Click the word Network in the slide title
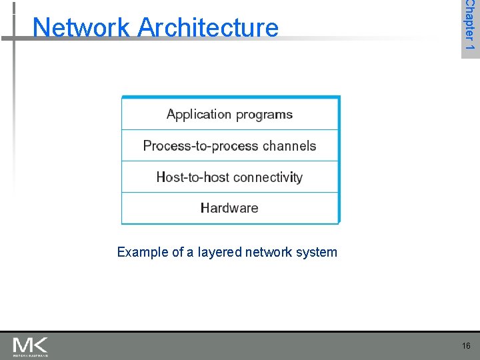coord(83,27)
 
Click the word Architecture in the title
coord(209,27)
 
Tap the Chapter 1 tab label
coord(470,28)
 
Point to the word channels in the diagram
coord(289,145)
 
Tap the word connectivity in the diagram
coord(267,177)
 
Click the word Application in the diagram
coord(193,115)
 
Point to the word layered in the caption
coord(220,252)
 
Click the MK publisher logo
coord(30,346)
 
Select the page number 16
coord(465,346)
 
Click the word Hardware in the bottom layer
coord(229,208)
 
